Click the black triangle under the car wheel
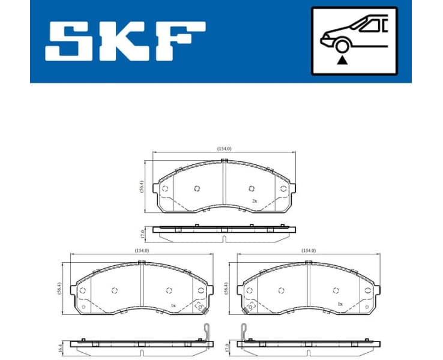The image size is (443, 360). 342,59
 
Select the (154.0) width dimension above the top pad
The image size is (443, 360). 225,148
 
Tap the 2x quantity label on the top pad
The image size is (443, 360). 255,200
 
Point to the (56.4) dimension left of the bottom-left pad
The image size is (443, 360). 59,289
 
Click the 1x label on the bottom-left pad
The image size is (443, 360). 173,305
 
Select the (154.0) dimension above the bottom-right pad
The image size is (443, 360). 308,250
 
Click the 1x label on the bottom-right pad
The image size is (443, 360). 340,304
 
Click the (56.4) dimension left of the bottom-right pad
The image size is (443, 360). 226,289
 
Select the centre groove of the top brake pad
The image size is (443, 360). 224,186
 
